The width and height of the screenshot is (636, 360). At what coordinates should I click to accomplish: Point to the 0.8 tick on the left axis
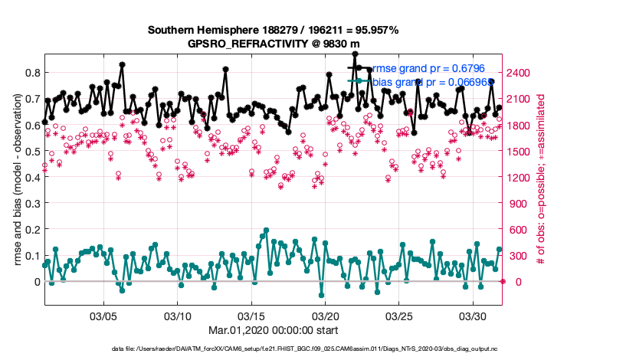click(33, 73)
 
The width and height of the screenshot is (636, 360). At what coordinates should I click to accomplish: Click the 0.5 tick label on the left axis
click(33, 151)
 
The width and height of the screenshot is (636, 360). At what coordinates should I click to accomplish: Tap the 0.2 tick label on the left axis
click(33, 229)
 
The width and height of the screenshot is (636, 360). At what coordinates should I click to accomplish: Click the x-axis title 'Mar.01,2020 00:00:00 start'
click(273, 330)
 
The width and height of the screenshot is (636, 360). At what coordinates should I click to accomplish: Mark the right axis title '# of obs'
click(541, 180)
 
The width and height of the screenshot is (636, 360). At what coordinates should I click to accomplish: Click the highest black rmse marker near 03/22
click(355, 54)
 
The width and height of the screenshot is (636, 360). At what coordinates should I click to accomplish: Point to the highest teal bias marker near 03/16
click(266, 230)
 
